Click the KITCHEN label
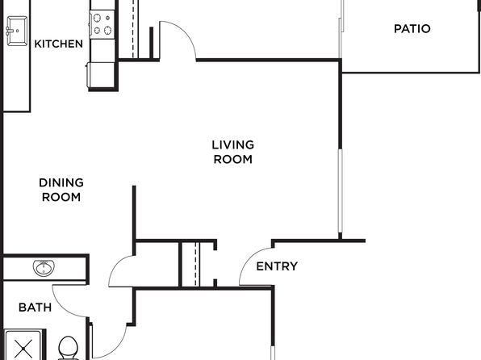click(59, 44)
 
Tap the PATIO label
click(412, 29)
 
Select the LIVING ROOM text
click(232, 152)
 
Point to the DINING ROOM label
click(61, 190)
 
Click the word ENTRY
click(277, 266)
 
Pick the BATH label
click(35, 308)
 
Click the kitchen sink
click(17, 31)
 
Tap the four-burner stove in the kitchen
click(102, 24)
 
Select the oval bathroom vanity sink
click(44, 268)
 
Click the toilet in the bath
click(68, 349)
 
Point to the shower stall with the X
click(23, 345)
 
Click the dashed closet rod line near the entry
click(196, 264)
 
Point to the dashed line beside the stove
click(133, 29)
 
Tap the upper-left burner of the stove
click(97, 18)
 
